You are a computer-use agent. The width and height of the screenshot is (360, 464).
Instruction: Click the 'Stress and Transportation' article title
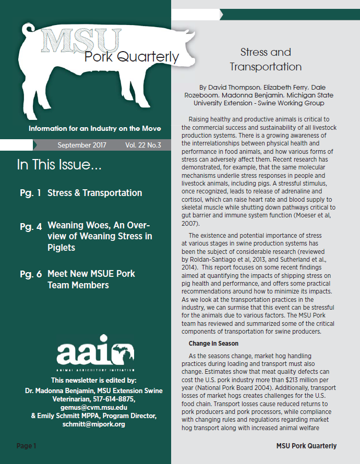(x=266, y=59)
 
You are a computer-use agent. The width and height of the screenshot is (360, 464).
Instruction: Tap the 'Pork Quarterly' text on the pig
(x=131, y=56)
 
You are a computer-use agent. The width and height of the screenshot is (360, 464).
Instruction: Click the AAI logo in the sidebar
(x=85, y=355)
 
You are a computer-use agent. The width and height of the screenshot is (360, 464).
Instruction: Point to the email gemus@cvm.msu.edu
(x=86, y=407)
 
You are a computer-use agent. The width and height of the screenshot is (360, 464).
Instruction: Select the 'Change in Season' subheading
(x=214, y=344)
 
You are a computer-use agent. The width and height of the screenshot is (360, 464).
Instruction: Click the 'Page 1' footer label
(x=26, y=446)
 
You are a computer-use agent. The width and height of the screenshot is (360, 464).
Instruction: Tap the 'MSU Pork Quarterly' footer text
(x=306, y=446)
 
